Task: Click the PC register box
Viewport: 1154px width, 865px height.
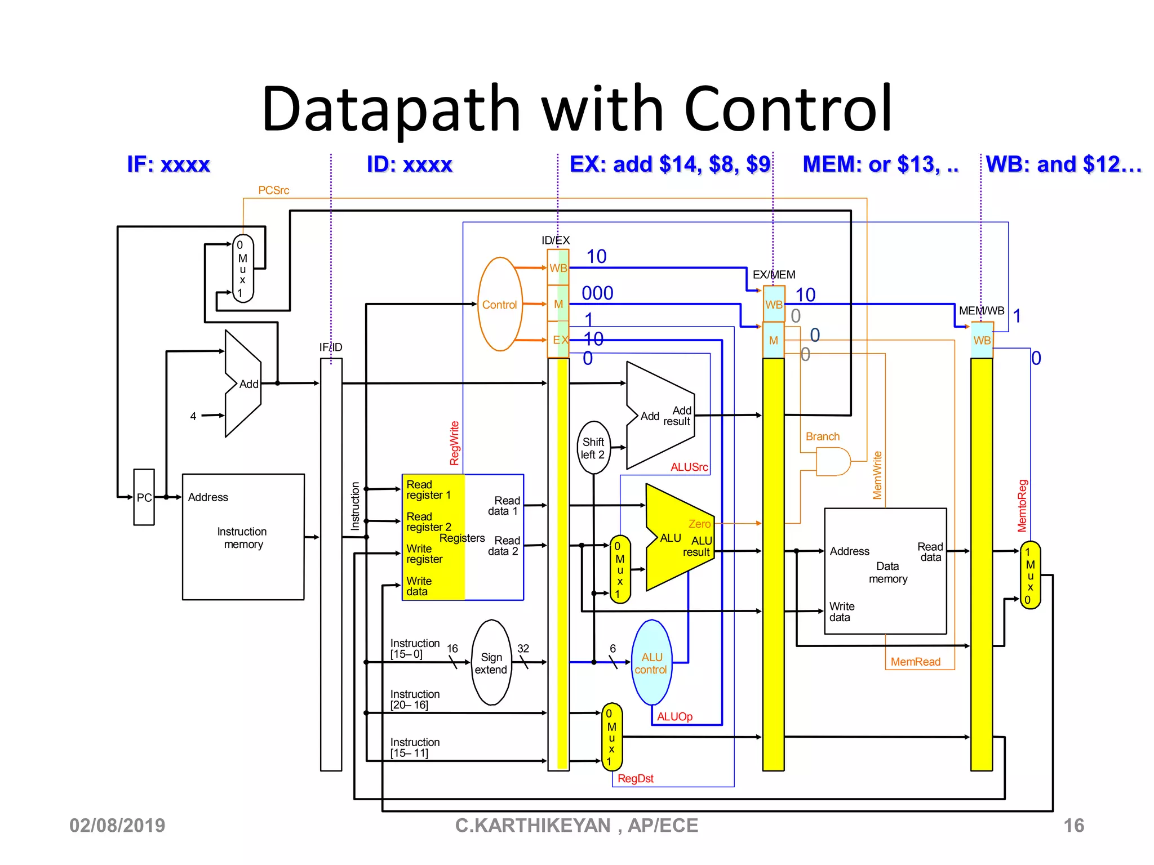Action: coord(144,497)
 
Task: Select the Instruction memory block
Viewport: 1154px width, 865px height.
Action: coord(243,537)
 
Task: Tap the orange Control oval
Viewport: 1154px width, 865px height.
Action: coord(499,304)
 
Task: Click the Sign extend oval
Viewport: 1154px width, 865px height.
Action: coord(491,663)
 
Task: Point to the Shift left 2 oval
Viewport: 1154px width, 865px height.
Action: coord(593,448)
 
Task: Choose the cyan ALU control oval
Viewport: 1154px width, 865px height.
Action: coord(651,663)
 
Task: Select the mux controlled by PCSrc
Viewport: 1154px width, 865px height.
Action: coord(243,269)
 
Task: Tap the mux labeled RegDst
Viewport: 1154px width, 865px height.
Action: coord(611,737)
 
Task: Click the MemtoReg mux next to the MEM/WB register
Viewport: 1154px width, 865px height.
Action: coord(1030,575)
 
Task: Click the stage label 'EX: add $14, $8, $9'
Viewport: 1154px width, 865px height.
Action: coord(669,164)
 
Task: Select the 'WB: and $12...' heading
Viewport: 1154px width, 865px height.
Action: coord(1063,164)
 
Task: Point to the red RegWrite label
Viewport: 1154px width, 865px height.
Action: coord(455,443)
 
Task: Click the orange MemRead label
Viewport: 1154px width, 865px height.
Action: coord(915,662)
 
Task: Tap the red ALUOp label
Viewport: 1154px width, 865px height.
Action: coord(674,716)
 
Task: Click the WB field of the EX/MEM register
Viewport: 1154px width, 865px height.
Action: coord(773,304)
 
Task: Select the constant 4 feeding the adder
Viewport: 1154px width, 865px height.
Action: coord(193,416)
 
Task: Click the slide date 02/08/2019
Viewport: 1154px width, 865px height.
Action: coord(117,826)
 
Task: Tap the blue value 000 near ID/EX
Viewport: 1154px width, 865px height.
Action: coord(597,293)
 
